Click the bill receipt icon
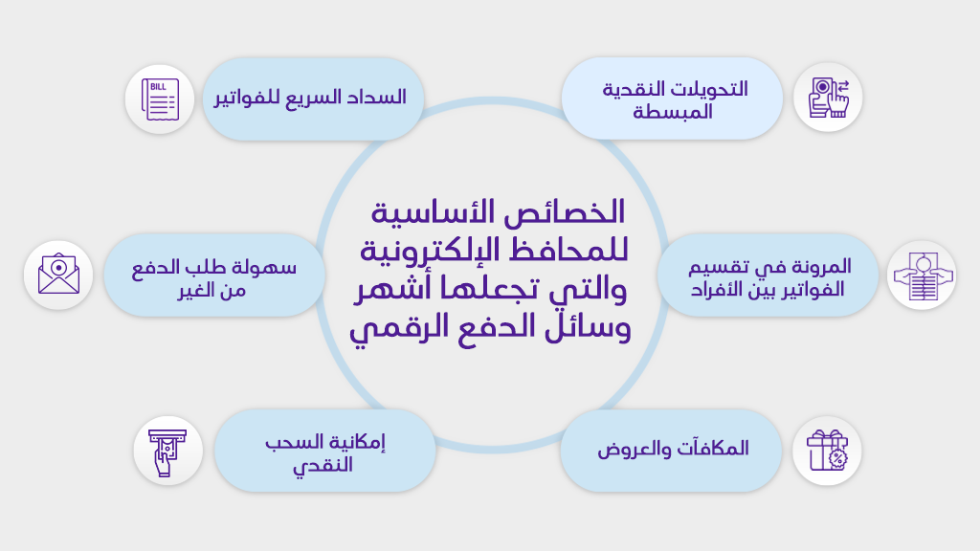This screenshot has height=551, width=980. click(x=160, y=99)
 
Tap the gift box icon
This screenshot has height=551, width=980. click(x=827, y=451)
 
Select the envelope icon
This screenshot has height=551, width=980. click(x=58, y=274)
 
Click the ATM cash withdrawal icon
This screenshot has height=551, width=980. click(x=167, y=452)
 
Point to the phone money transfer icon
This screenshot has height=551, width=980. click(x=828, y=98)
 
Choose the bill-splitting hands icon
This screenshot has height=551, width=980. click(x=923, y=275)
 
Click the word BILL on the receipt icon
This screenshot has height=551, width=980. click(x=158, y=87)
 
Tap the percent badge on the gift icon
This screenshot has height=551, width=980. click(x=837, y=459)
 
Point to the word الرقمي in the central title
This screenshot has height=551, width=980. click(x=388, y=328)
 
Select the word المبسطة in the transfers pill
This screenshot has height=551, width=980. click(x=673, y=112)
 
